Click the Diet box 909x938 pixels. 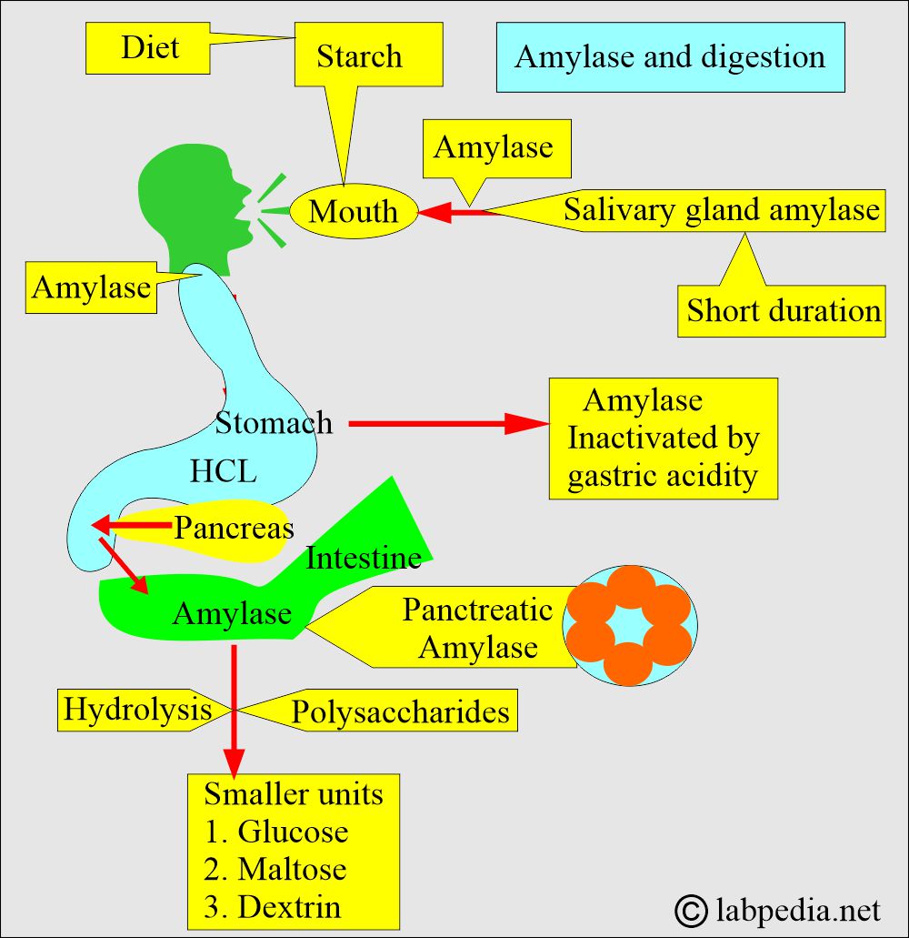(150, 48)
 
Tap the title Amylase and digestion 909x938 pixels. (670, 57)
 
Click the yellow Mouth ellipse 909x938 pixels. (354, 212)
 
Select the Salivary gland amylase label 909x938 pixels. (722, 210)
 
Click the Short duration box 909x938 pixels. (783, 311)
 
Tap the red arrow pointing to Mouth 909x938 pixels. (454, 213)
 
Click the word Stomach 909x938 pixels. (274, 423)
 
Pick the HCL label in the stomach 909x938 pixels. (224, 471)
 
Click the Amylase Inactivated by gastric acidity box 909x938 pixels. (663, 439)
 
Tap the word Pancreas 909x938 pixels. (234, 528)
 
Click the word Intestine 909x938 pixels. (364, 558)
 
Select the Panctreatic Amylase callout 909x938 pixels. (477, 628)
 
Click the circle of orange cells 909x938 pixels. (629, 625)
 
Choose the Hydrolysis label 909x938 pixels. (137, 710)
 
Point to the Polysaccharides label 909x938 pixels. (400, 712)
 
